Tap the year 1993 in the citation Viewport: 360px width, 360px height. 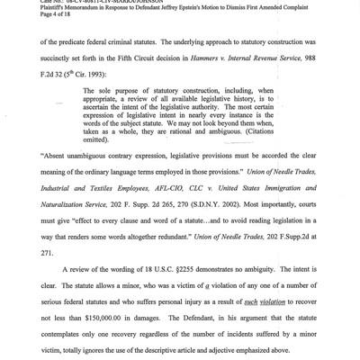click(103, 93)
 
